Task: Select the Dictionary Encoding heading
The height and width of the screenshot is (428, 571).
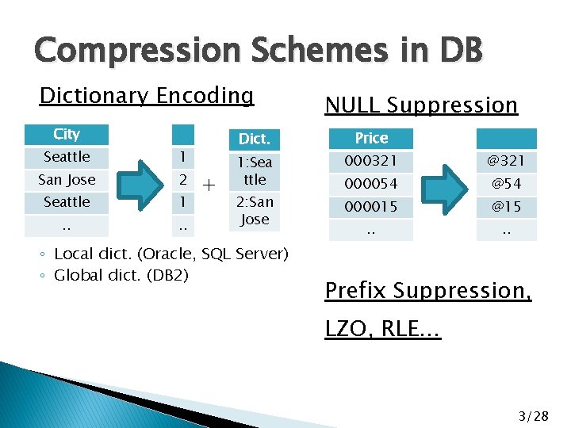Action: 147,96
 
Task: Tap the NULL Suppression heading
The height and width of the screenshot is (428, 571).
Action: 421,105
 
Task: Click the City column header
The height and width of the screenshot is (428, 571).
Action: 67,135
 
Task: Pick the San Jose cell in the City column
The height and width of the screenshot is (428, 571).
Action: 67,180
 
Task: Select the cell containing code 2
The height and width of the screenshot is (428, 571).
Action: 182,180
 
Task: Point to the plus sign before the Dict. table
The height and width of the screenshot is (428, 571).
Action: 209,186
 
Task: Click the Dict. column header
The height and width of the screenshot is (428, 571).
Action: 255,139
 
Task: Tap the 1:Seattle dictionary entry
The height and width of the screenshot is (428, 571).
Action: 255,170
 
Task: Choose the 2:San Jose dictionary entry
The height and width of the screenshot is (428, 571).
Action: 255,211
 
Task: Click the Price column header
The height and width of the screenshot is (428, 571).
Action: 371,139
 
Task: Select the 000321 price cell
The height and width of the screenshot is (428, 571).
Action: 371,162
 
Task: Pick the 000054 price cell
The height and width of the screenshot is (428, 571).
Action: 371,185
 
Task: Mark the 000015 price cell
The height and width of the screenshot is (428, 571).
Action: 371,208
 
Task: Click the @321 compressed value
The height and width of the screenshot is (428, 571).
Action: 506,162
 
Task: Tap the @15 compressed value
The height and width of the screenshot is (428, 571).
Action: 506,208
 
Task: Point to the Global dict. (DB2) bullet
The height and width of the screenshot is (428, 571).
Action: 121,275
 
